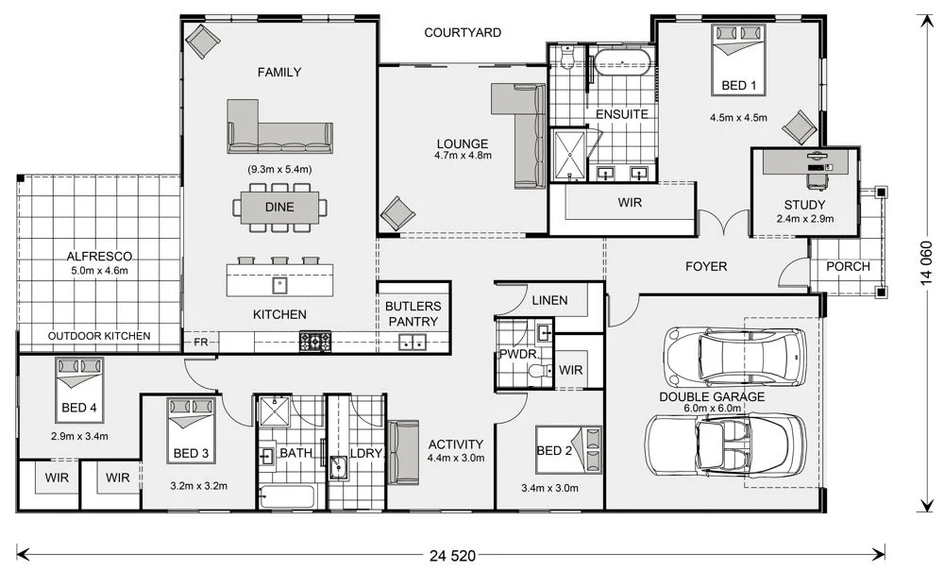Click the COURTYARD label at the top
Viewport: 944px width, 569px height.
pos(462,32)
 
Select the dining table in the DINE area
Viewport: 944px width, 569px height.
pos(279,208)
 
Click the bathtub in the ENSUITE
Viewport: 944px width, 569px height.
pos(620,65)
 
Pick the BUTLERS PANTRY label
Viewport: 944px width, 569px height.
pos(412,314)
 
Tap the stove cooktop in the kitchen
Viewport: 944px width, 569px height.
pos(315,341)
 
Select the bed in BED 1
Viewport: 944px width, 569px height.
pos(738,57)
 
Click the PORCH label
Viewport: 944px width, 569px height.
pos(848,266)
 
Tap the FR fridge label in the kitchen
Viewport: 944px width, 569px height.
pos(200,342)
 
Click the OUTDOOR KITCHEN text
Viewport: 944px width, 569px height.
pos(99,336)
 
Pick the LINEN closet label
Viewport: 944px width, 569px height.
pos(549,300)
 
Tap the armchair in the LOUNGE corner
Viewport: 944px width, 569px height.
pos(397,213)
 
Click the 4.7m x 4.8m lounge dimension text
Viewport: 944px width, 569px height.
pos(463,155)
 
